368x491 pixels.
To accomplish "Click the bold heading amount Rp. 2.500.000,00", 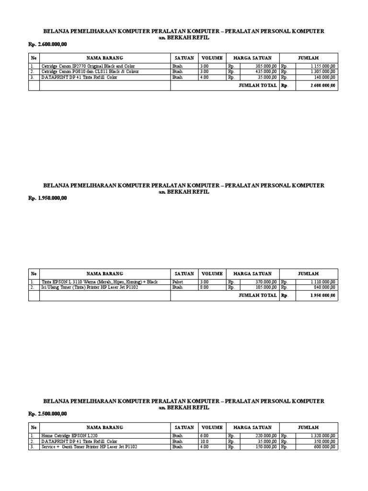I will point(47,413).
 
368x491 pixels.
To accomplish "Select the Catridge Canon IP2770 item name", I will point(81,65).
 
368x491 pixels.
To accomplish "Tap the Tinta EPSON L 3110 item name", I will point(99,282).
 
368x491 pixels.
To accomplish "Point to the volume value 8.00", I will point(205,288).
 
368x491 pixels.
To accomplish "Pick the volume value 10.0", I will point(205,441).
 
